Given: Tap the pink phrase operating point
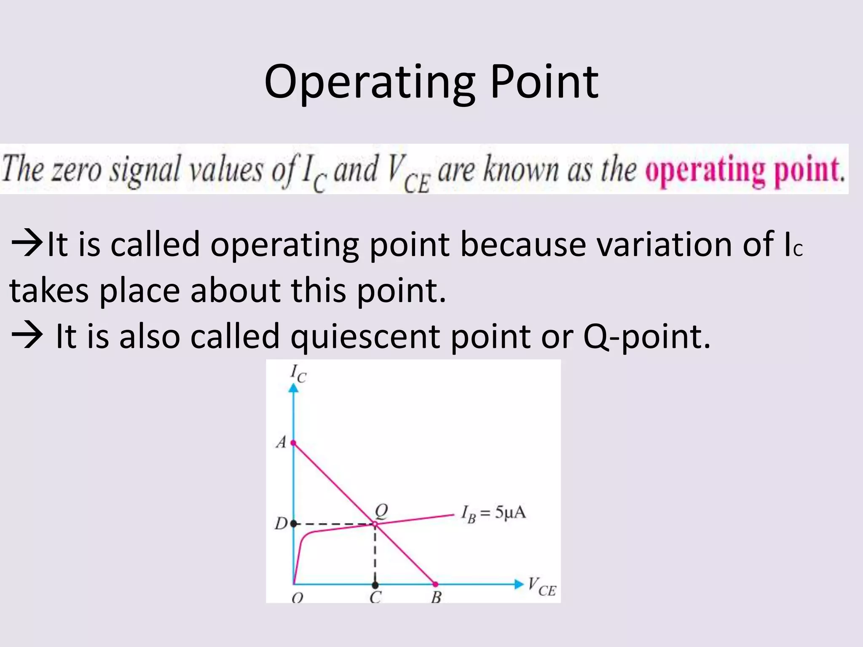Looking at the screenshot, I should click(x=745, y=170).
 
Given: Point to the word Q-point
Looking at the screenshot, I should click(x=646, y=337).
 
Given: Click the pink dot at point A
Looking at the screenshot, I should click(x=293, y=443).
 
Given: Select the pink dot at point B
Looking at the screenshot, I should click(x=435, y=584).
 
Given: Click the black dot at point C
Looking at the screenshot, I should click(x=375, y=585).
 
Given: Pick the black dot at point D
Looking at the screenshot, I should click(x=294, y=524).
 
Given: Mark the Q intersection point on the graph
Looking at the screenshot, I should click(x=375, y=524).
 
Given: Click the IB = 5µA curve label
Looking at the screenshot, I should click(x=493, y=513).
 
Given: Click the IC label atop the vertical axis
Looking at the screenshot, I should click(x=298, y=373).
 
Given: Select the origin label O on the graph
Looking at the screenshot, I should click(x=297, y=597).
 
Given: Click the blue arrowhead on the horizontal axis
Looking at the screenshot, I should click(x=519, y=584).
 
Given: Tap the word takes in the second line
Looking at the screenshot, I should click(x=49, y=291).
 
